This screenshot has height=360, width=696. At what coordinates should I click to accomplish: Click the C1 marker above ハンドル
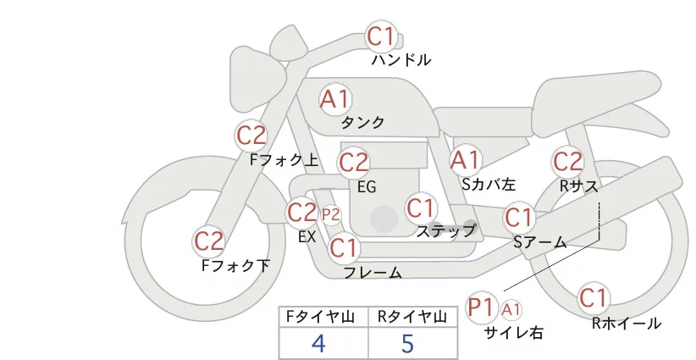380,37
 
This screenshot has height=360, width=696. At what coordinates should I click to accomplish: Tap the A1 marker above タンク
334,99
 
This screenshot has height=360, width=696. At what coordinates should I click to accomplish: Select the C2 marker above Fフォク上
251,136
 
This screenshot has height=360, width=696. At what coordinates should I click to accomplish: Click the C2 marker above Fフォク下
209,241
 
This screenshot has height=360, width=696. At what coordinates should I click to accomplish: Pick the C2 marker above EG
353,162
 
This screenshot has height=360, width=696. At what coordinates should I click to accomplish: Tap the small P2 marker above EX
330,214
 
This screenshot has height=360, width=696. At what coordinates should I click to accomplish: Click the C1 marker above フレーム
344,249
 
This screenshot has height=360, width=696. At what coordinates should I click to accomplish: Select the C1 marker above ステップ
420,208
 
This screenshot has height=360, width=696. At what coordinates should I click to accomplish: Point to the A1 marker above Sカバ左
465,160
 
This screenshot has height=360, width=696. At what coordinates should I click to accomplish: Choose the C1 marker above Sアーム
519,218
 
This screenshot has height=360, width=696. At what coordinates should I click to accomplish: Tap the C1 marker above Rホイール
594,298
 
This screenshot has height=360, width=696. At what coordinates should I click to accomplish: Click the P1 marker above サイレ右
482,307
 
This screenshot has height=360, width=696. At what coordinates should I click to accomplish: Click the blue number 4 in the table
318,343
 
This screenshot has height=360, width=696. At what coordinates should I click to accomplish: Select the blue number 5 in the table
408,343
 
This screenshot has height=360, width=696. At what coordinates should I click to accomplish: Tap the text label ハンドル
401,60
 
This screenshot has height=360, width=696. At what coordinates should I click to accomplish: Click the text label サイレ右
513,333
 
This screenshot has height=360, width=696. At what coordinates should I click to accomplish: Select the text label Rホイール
626,323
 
